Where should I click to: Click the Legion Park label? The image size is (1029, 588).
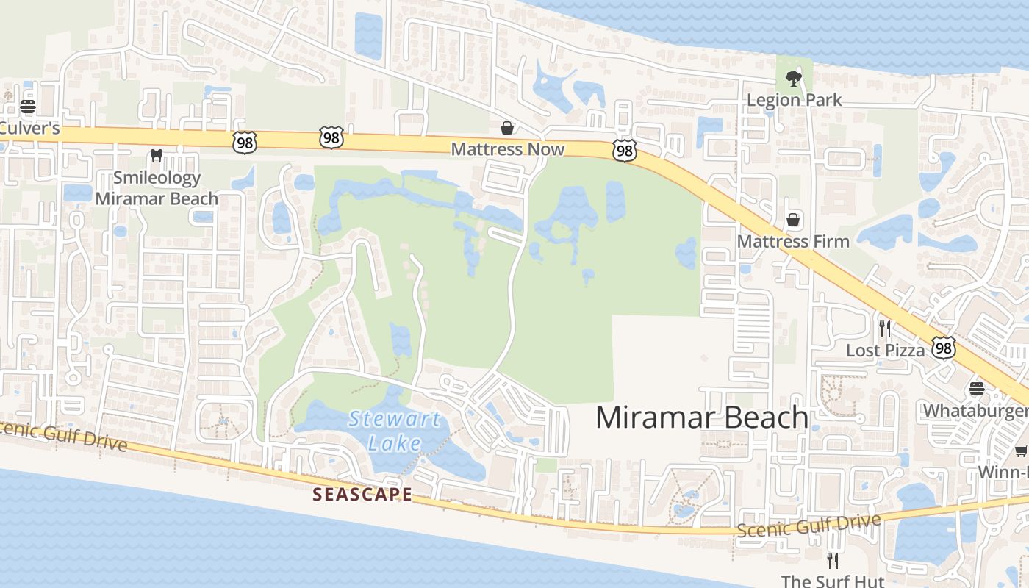tap(794, 99)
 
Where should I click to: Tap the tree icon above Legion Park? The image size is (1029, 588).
tap(793, 77)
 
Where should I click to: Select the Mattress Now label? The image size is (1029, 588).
tap(507, 149)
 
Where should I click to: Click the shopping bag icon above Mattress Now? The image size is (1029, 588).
tap(507, 128)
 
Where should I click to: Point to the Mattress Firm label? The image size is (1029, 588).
tap(793, 241)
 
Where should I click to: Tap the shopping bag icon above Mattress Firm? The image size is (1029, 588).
tap(793, 220)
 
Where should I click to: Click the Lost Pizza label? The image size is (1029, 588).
tap(885, 350)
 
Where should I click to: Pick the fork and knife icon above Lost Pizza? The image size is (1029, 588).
tap(885, 328)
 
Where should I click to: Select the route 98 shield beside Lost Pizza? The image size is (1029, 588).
tap(943, 348)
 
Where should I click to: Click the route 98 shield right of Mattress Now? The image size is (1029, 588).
tap(623, 151)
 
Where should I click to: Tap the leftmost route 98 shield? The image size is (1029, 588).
tap(244, 143)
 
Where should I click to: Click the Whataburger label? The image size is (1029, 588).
tap(976, 410)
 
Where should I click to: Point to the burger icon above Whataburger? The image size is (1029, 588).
tap(976, 388)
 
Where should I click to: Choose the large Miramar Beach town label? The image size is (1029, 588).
tap(701, 417)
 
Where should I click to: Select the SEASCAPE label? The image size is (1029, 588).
tap(362, 494)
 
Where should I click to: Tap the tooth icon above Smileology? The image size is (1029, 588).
tap(156, 156)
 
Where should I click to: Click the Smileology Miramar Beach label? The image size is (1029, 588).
tap(157, 188)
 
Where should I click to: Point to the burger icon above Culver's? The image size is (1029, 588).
tap(28, 107)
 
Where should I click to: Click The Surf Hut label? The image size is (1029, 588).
tap(832, 581)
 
